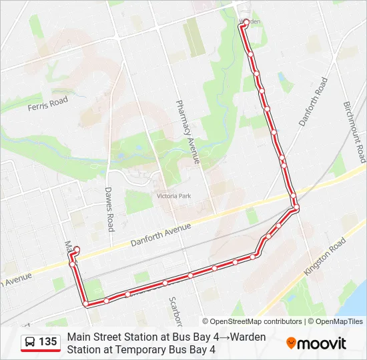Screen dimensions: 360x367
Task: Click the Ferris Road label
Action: coord(48,104)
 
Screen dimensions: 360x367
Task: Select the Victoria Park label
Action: coord(173,196)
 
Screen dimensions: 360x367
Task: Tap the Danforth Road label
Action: coord(313,102)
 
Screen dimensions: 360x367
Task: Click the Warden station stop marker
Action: coord(246,22)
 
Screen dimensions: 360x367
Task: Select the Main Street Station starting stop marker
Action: coord(77,249)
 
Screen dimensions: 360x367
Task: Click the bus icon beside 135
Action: coord(30,342)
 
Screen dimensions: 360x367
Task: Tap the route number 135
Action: coord(48,342)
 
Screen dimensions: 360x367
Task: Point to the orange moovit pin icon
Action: coord(292,343)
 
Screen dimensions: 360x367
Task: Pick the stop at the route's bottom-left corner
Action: coord(86,304)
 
